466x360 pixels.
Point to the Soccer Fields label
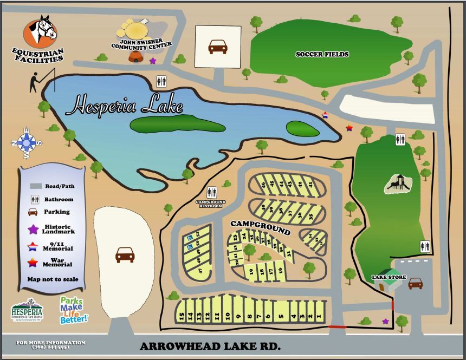point(322,54)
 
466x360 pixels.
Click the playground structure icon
point(398,184)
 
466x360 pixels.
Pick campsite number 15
point(182,316)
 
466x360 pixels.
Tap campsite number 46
point(263,184)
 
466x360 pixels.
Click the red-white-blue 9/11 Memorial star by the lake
point(325,115)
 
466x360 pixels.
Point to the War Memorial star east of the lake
point(349,128)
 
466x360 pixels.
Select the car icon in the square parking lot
point(218,47)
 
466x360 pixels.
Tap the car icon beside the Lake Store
point(416,283)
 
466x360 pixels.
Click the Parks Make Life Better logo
point(74,310)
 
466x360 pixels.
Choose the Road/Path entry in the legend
point(52,185)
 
